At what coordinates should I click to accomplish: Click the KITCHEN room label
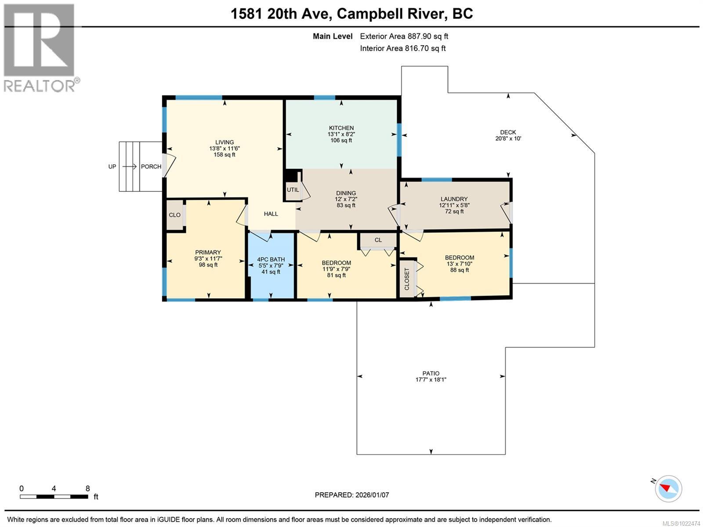[341, 128]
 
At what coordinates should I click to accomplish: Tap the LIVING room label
[224, 142]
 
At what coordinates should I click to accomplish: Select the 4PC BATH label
[271, 260]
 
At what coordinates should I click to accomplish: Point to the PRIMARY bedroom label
[208, 253]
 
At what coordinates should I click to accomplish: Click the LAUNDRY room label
[454, 199]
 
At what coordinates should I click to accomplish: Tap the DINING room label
[346, 193]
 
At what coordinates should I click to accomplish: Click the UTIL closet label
[293, 190]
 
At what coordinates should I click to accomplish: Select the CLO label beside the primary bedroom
[174, 215]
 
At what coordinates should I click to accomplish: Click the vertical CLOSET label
[407, 279]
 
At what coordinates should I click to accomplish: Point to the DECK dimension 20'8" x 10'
[508, 139]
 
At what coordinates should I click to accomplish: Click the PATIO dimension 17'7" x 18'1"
[431, 380]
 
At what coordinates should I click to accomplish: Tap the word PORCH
[151, 167]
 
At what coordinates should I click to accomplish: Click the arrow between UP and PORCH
[130, 167]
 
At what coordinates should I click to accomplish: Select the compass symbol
[668, 488]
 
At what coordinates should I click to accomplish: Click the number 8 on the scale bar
[87, 488]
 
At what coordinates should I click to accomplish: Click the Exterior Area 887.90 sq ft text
[404, 37]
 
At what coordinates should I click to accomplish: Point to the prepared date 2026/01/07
[372, 495]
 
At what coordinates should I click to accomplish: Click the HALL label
[271, 214]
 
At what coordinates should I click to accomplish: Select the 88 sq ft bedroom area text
[459, 270]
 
